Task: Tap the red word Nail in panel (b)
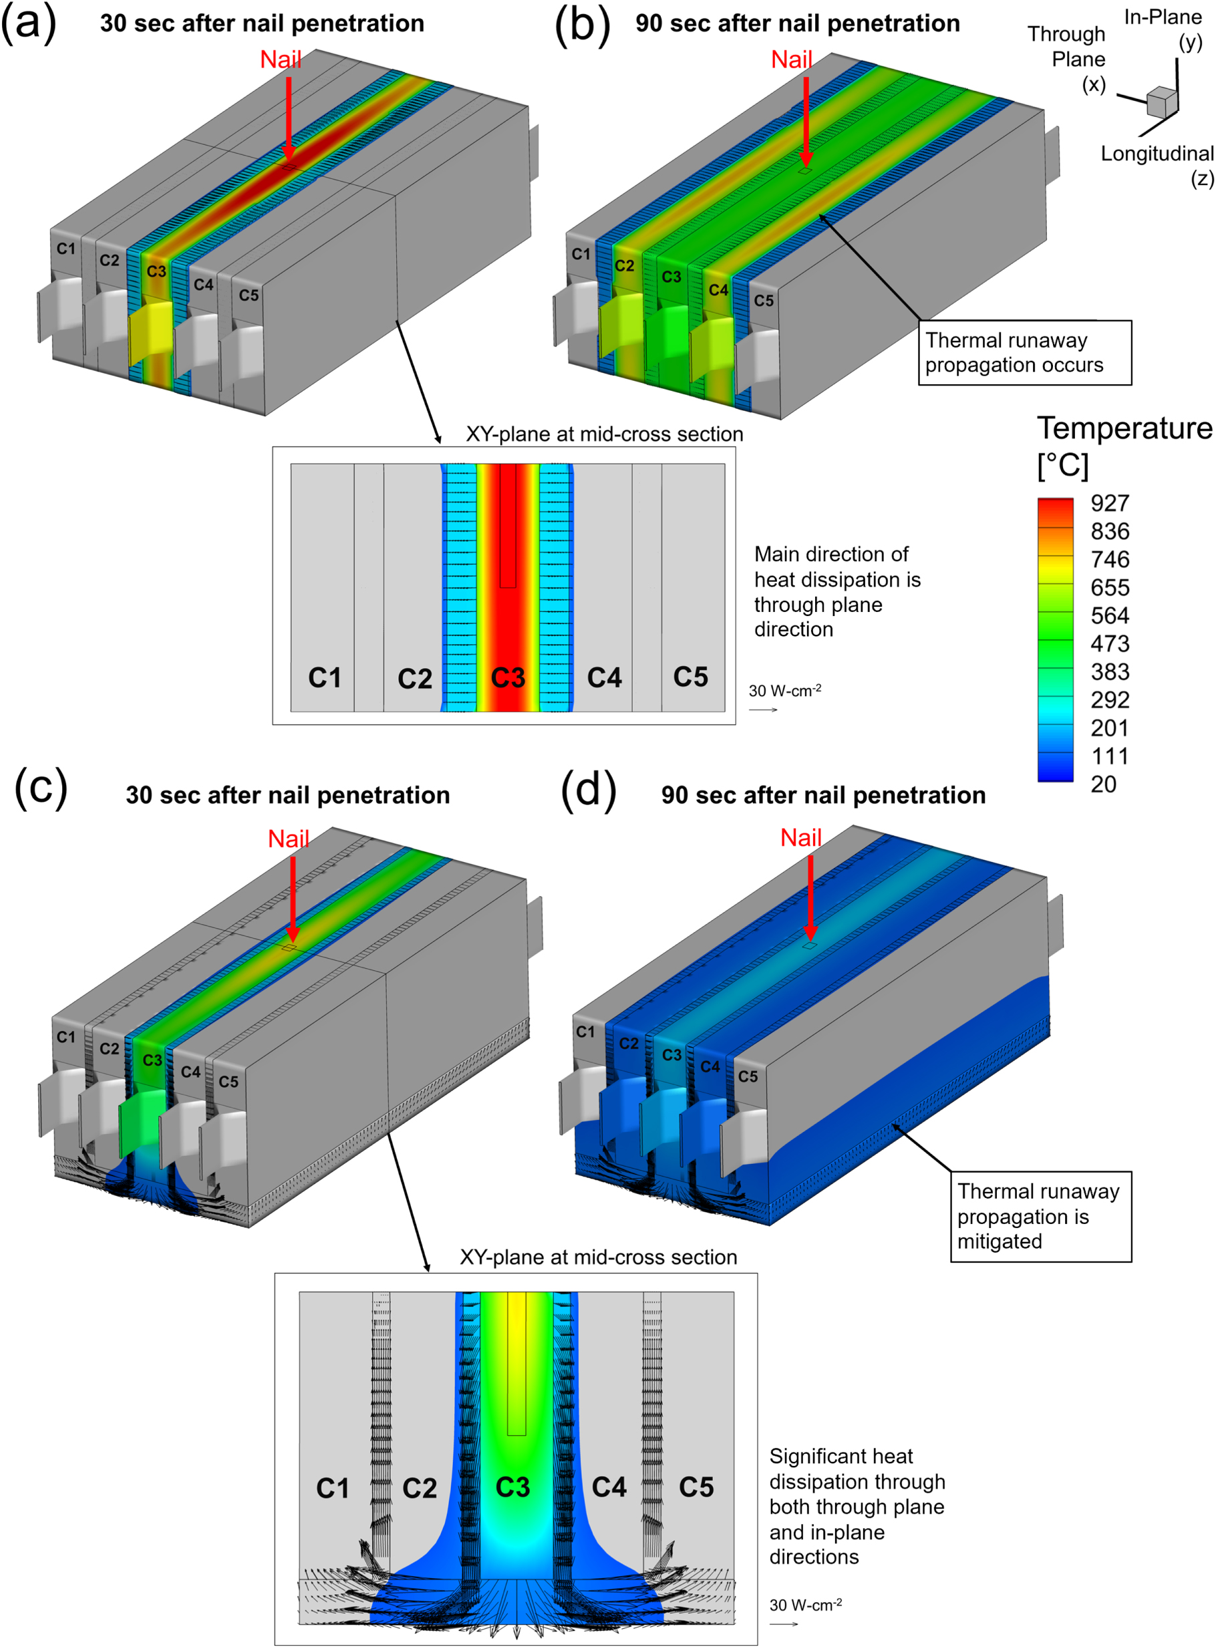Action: (791, 59)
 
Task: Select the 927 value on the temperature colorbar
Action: (1109, 503)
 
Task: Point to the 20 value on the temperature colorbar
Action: (1103, 784)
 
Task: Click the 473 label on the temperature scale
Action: (1109, 644)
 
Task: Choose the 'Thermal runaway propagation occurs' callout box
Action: (1024, 353)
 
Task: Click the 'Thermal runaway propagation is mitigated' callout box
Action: (1040, 1217)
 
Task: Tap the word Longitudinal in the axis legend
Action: (1157, 154)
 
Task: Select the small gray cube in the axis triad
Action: (1161, 102)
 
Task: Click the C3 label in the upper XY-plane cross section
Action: (508, 678)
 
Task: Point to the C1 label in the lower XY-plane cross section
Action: (333, 1488)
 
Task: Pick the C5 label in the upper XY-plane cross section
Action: (690, 677)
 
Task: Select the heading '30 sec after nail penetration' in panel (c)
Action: (288, 796)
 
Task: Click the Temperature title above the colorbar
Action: (1124, 428)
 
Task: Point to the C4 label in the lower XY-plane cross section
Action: (609, 1487)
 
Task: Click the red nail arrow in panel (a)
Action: (289, 118)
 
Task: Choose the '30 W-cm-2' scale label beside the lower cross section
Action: (805, 1605)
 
